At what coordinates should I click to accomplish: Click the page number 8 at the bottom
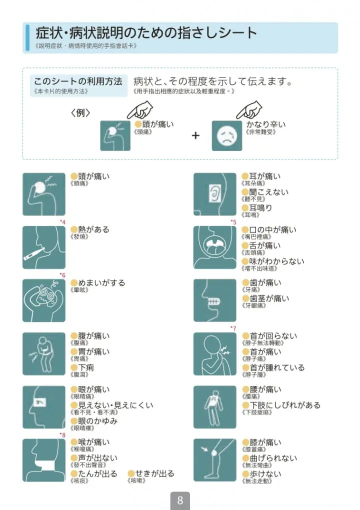180,500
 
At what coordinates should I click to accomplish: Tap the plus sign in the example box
195,135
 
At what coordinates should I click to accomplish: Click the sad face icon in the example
226,135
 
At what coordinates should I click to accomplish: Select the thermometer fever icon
44,247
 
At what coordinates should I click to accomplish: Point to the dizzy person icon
44,300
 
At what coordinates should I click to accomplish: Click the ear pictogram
214,194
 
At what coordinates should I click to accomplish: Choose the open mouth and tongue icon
214,247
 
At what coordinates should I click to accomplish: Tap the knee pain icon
214,459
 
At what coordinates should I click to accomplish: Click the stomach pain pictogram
44,353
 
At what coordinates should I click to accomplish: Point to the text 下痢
86,367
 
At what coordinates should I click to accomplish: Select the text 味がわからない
276,261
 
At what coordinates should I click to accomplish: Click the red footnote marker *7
233,328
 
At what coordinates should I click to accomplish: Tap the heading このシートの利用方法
78,81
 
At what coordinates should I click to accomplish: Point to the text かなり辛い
266,124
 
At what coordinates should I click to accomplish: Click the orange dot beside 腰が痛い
245,389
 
